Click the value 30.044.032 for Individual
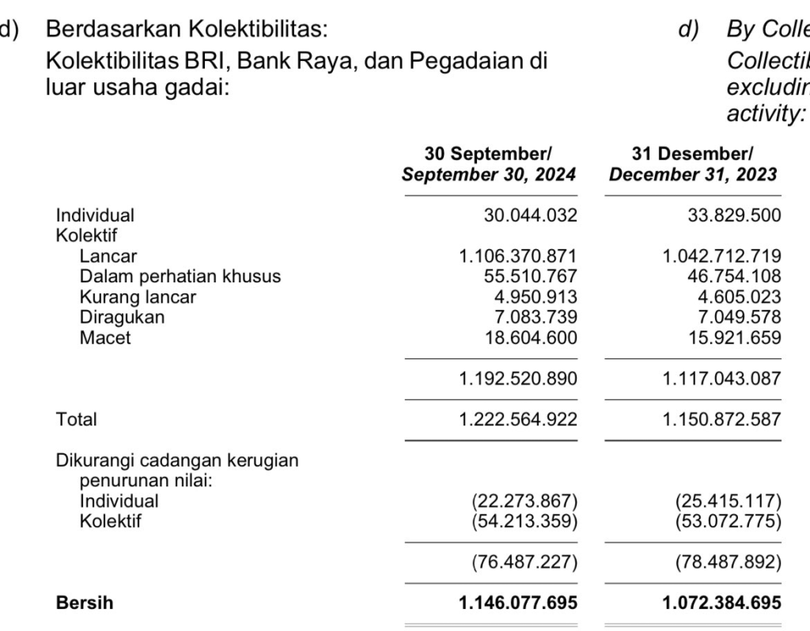tap(530, 215)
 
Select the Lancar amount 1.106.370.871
tap(518, 256)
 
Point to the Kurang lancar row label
tap(138, 297)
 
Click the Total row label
tap(76, 419)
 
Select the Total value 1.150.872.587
tap(721, 419)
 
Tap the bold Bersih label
tap(84, 603)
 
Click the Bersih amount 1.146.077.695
tap(518, 603)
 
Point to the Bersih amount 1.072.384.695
tap(721, 603)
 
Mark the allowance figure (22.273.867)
tap(524, 501)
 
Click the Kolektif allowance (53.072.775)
tap(728, 522)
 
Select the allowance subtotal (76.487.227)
tap(524, 563)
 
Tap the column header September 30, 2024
tap(489, 175)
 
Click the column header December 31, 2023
tap(693, 175)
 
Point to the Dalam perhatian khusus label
tap(180, 277)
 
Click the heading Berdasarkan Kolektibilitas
tap(187, 30)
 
